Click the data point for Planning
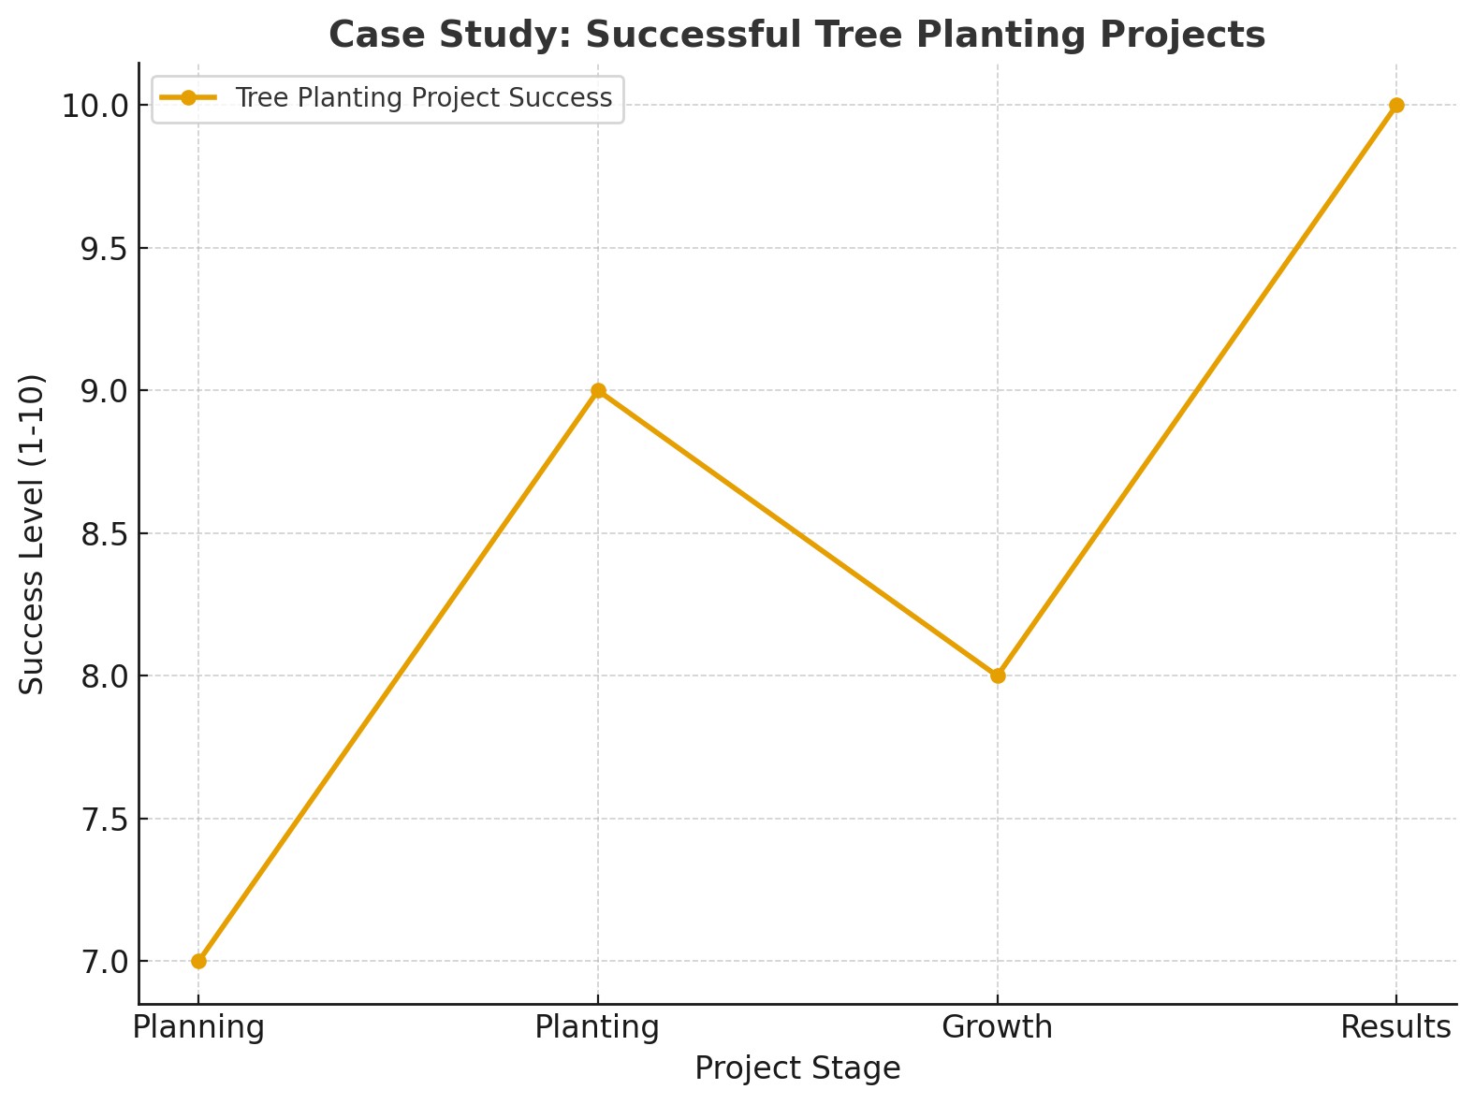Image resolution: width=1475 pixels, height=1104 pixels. [198, 961]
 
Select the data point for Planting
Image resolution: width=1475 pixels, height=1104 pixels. [598, 390]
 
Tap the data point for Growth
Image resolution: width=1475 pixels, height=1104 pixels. [998, 675]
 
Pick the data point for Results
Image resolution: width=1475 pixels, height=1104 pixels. [1396, 105]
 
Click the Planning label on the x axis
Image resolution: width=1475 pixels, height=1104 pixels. [198, 1027]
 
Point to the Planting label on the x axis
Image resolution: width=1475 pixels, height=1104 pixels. [597, 1027]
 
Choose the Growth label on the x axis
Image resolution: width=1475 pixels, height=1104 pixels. [998, 1027]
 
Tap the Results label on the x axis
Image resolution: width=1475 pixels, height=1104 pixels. [1395, 1027]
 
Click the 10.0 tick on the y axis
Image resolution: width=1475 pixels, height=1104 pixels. [95, 106]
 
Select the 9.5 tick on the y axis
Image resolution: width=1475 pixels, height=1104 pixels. [103, 249]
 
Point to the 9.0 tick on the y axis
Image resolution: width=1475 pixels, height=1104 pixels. [103, 391]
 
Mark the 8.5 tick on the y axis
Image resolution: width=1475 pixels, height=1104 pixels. [103, 534]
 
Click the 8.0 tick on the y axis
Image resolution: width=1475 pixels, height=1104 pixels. [103, 676]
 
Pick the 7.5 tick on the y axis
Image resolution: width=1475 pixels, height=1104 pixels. [103, 820]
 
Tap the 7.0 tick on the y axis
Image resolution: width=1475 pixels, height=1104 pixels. [103, 962]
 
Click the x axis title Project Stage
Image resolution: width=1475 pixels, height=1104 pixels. [797, 1068]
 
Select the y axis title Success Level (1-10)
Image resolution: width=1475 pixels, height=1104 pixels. [33, 533]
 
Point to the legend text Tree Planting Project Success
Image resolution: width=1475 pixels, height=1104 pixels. [423, 98]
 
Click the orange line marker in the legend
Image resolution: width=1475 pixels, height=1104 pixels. [188, 98]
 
